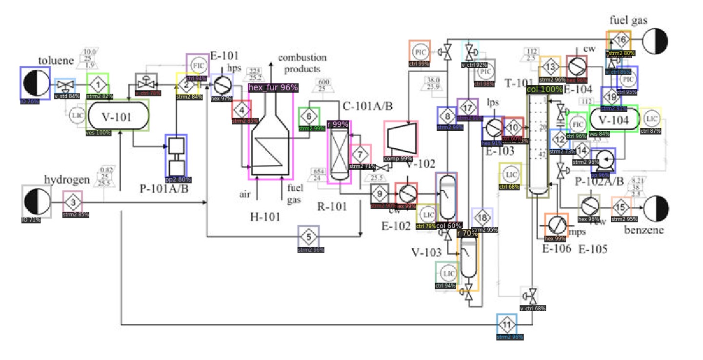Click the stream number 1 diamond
click(x=98, y=86)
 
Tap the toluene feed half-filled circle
click(x=35, y=83)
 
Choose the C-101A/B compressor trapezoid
click(x=401, y=139)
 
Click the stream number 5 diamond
click(x=308, y=237)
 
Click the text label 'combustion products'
click(x=302, y=63)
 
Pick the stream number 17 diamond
click(x=467, y=107)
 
